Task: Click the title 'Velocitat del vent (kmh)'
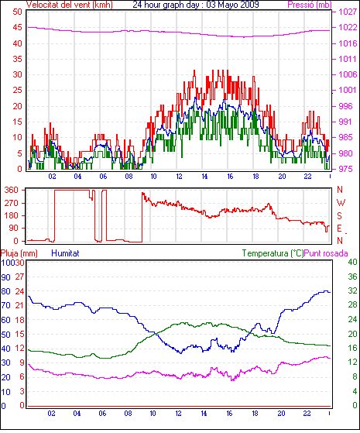[70, 5]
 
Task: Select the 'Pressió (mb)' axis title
[310, 5]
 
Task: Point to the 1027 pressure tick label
[348, 12]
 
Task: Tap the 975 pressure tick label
[345, 169]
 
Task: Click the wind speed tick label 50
[17, 12]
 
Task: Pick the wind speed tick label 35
[17, 59]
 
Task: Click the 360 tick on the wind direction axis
[12, 190]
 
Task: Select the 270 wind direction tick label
[12, 203]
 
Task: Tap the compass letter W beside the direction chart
[341, 203]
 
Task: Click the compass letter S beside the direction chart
[339, 215]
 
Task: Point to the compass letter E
[339, 229]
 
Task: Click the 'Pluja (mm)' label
[19, 253]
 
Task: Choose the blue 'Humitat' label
[66, 253]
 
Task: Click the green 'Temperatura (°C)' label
[273, 253]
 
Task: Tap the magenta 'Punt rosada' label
[326, 253]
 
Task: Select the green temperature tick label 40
[352, 262]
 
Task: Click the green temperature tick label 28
[352, 305]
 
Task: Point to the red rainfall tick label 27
[19, 277]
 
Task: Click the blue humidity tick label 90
[5, 277]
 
